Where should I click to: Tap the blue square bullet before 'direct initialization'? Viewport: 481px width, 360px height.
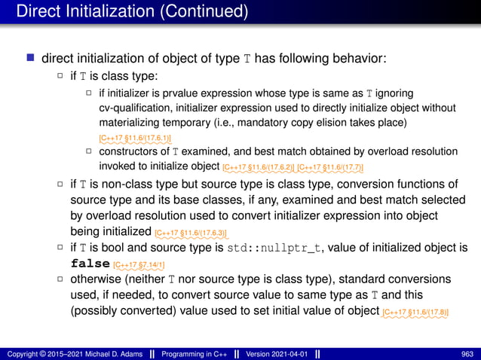tap(29, 59)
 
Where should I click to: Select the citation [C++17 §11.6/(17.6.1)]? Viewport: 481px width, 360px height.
tap(135, 139)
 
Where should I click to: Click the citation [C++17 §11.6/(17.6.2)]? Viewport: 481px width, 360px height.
tap(259, 166)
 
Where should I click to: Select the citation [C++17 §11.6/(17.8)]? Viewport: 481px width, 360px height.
tap(419, 313)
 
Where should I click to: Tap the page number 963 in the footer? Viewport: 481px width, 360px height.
tap(467, 353)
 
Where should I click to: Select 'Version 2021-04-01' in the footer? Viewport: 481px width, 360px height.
tap(273, 353)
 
